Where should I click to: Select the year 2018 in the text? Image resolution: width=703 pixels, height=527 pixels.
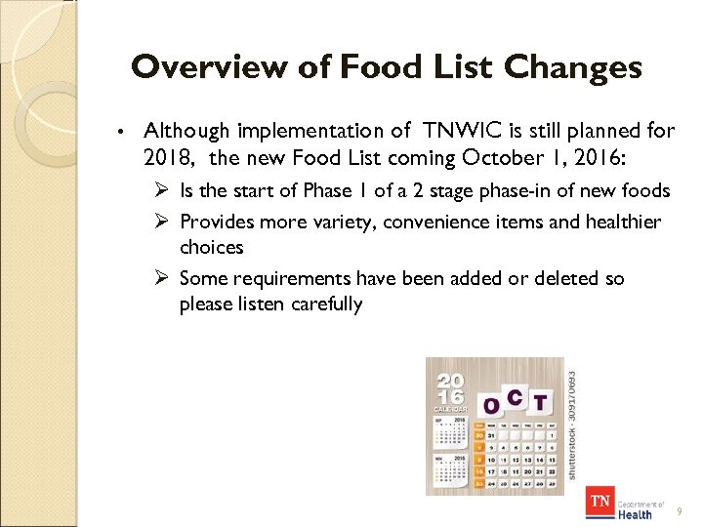[x=165, y=156]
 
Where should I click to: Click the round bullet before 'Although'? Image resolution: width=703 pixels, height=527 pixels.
[x=118, y=131]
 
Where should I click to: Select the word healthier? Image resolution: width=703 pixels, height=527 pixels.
[x=622, y=222]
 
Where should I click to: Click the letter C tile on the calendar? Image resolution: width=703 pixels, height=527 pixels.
[x=515, y=397]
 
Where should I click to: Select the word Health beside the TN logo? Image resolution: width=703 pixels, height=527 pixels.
[x=635, y=513]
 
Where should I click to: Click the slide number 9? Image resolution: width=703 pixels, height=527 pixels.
[x=680, y=510]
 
